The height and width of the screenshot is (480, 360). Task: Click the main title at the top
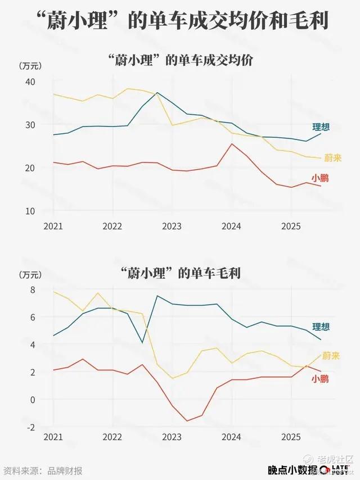pos(180,23)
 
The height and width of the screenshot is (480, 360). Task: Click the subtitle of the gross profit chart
pos(180,274)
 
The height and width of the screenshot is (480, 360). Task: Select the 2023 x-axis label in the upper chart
pos(172,226)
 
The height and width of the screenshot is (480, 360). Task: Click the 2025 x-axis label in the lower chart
pos(291,437)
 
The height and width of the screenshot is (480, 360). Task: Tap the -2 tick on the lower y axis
pos(30,427)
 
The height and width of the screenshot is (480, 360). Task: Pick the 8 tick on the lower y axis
pos(33,290)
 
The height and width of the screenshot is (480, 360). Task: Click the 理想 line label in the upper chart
pos(321,127)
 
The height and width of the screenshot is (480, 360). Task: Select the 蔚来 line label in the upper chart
pos(333,158)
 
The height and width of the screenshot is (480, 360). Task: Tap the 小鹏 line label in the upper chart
pos(321,178)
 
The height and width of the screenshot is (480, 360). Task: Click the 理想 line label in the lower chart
pos(321,327)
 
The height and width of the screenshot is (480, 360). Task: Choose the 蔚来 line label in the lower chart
pos(333,356)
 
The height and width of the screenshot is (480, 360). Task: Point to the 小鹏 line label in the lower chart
pos(321,379)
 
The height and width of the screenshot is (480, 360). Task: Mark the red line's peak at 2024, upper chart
pos(232,144)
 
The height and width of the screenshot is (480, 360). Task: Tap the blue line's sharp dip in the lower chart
pos(142,343)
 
